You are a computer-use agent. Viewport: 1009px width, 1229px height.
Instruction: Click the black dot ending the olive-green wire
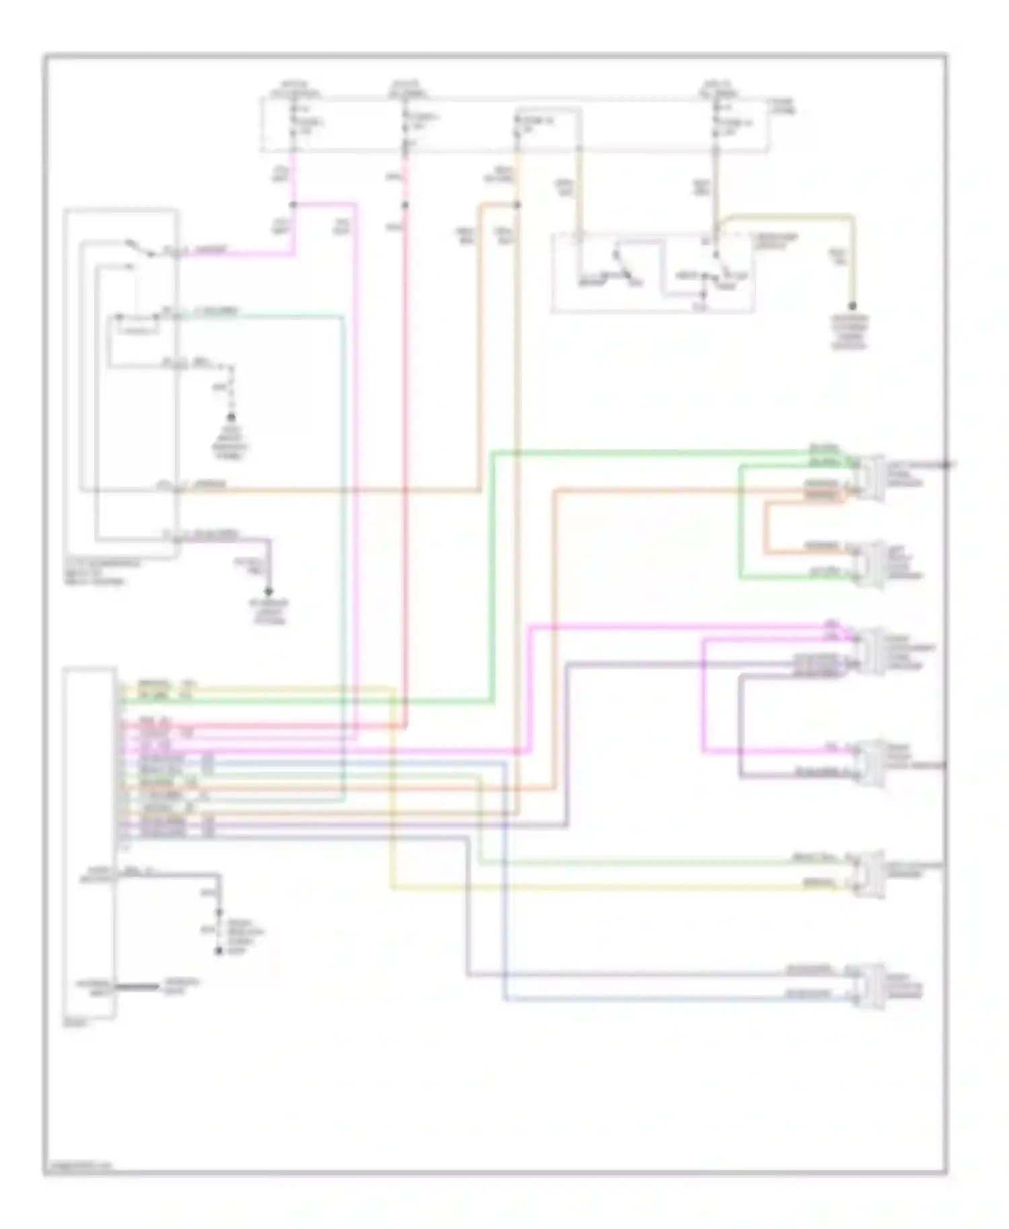(852, 306)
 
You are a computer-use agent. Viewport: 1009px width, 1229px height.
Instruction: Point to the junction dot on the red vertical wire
(405, 206)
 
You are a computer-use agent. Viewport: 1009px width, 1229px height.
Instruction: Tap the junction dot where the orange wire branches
(517, 205)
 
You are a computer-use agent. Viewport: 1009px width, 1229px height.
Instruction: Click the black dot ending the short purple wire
(268, 592)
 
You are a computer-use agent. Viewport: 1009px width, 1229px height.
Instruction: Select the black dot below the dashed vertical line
(231, 418)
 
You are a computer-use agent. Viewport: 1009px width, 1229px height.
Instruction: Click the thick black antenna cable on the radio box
(138, 987)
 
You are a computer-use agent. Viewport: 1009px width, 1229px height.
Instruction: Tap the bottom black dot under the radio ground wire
(218, 951)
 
